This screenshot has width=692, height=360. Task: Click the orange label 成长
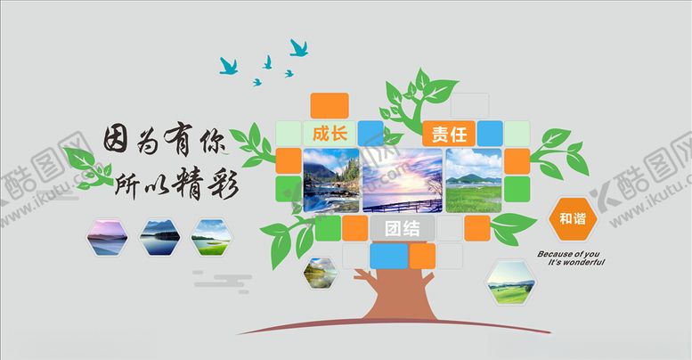click(x=329, y=134)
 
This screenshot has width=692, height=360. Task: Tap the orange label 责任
click(x=449, y=134)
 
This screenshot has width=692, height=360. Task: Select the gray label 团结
click(x=402, y=227)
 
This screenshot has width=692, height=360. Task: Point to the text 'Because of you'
click(x=570, y=253)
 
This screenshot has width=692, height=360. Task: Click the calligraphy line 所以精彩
click(x=183, y=181)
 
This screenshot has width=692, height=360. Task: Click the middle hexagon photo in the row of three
click(x=159, y=236)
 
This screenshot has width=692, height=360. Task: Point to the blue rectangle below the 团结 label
click(x=389, y=255)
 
